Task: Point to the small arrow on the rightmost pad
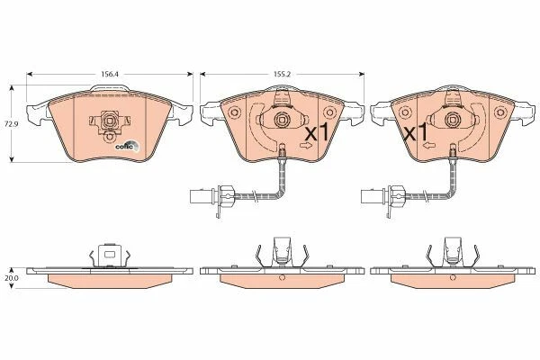431,146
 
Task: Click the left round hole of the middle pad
233,114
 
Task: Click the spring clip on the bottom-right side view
452,249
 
